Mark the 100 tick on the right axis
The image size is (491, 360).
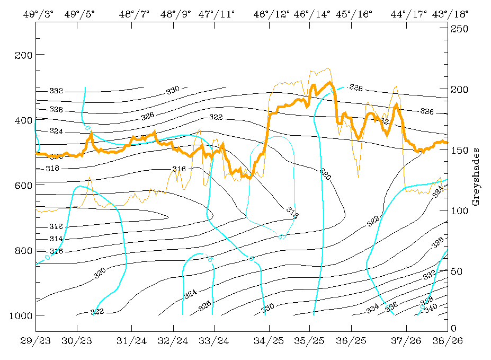(x=458, y=210)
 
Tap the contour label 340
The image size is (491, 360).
(x=431, y=307)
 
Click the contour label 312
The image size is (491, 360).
(x=56, y=227)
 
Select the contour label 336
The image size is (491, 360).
(x=391, y=305)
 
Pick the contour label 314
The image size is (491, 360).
(x=56, y=239)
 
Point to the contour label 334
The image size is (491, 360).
(x=373, y=308)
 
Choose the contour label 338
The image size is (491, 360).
(x=426, y=301)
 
